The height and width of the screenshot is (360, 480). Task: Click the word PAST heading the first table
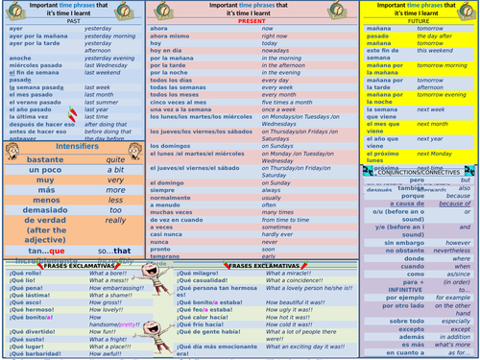72,21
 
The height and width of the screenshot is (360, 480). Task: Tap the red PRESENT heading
252,20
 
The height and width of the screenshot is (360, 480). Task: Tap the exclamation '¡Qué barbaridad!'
35,352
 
